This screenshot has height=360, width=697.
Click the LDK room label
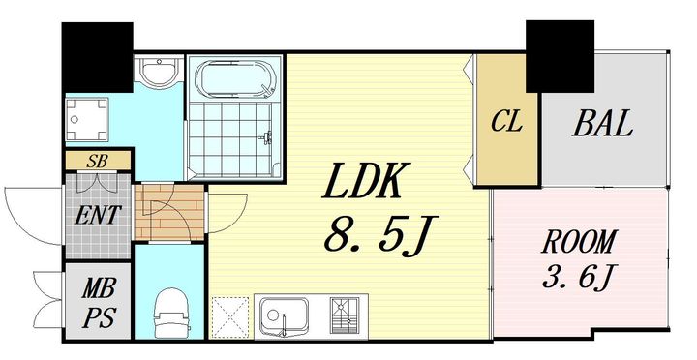click(360, 181)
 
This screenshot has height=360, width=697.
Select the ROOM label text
click(579, 241)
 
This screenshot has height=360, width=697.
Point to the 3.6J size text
click(578, 277)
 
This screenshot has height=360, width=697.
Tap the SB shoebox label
click(98, 161)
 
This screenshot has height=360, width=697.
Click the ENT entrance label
click(98, 215)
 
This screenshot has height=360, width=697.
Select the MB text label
click(99, 289)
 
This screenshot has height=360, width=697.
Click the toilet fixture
click(171, 313)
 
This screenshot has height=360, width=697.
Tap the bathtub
click(236, 79)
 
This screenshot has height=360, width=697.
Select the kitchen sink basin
click(285, 316)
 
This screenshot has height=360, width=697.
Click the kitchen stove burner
click(344, 316)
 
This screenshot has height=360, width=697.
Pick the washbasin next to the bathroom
click(158, 71)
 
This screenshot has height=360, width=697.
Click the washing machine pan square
click(87, 119)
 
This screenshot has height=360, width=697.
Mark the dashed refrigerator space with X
click(230, 317)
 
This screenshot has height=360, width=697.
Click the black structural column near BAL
click(561, 56)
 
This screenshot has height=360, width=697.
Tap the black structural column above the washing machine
click(98, 57)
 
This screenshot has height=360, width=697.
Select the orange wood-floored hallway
click(169, 213)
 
